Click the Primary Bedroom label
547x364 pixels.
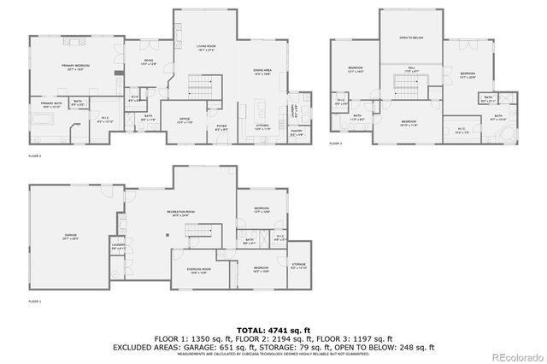pyautogui.click(x=77, y=65)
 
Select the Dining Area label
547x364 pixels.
pyautogui.click(x=262, y=70)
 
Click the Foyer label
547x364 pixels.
pyautogui.click(x=221, y=128)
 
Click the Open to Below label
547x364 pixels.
pyautogui.click(x=413, y=38)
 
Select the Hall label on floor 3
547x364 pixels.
pyautogui.click(x=411, y=69)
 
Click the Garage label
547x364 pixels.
pyautogui.click(x=70, y=235)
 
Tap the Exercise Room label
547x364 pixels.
pyautogui.click(x=199, y=269)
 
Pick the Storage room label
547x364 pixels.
pyautogui.click(x=298, y=267)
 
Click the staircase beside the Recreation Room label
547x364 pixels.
pyautogui.click(x=200, y=233)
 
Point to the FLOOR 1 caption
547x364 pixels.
pyautogui.click(x=34, y=302)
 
